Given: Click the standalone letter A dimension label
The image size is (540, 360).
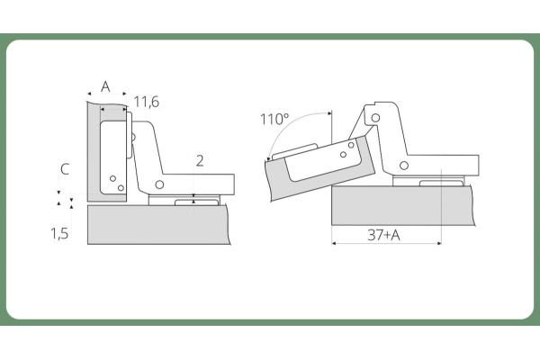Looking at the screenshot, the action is (x=105, y=86).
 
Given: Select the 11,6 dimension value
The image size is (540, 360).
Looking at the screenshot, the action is (x=147, y=102).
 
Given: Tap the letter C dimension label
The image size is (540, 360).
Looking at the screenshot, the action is (x=65, y=169).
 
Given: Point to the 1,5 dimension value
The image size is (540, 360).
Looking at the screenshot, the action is (x=59, y=233).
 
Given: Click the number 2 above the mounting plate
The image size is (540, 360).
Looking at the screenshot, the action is (x=200, y=161).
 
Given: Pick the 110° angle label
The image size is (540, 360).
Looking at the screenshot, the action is (x=274, y=119).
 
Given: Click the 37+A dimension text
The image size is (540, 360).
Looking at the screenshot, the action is (x=383, y=235).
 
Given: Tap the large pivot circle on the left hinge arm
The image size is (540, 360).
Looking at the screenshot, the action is (x=159, y=184).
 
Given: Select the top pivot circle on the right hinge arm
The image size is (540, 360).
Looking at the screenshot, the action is (x=375, y=118).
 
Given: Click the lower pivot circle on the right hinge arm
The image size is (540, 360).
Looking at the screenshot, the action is (x=404, y=166).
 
